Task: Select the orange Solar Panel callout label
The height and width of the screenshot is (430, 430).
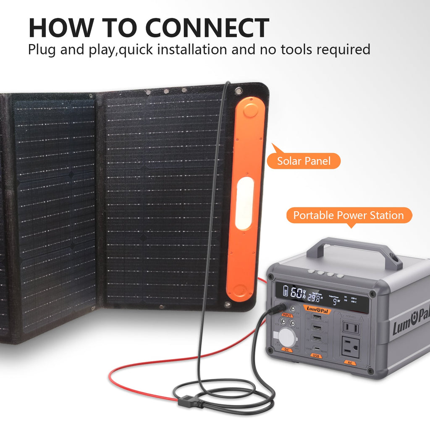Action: (304, 160)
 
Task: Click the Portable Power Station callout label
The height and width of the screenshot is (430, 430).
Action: (348, 215)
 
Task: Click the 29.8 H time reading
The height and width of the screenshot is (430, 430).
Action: (315, 298)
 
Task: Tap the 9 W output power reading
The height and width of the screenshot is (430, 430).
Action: (336, 301)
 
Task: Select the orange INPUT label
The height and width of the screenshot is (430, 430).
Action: (287, 315)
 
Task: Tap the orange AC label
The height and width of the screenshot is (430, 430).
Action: (349, 362)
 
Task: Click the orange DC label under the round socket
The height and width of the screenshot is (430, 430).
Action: (287, 349)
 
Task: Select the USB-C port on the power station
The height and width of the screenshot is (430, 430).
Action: (318, 348)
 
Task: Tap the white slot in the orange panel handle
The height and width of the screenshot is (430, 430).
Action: (244, 203)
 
